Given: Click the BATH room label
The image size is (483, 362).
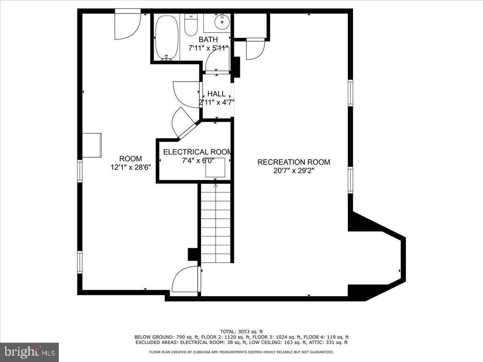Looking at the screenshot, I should pos(208,39).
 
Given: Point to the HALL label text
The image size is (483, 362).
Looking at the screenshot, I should pos(217,94).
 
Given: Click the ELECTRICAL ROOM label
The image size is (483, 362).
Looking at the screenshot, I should pos(197,152).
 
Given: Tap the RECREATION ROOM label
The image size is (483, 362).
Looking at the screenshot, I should pos(293,162).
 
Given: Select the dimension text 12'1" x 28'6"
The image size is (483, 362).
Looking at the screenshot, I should pos(130,167).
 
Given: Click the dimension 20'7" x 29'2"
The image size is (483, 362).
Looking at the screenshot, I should pos(293,171).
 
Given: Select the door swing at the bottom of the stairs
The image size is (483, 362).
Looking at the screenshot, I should pos(186,280).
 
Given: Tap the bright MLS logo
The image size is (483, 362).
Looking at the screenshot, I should pos(29,352).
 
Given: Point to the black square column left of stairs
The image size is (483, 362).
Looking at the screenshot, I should pos(193,254).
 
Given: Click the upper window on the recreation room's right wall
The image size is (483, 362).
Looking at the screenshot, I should pos(350,93).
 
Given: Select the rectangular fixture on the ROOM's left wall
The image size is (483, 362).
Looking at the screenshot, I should pos(92,145).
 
